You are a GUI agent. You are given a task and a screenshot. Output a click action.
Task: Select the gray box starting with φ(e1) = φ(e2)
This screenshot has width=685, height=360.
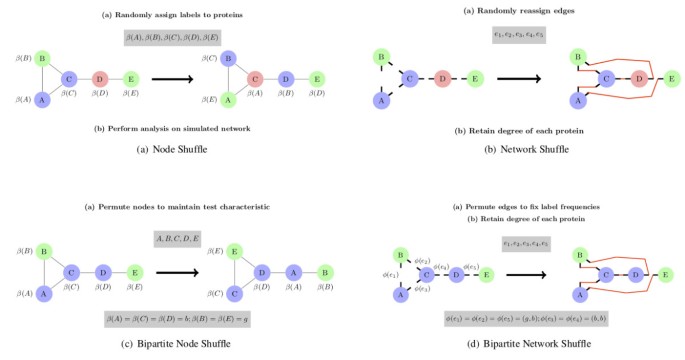[x=514, y=317]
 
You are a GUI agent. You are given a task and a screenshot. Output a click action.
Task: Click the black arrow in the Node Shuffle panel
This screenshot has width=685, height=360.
[x=173, y=77]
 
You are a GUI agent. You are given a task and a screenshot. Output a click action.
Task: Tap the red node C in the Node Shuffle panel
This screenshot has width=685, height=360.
[x=256, y=78]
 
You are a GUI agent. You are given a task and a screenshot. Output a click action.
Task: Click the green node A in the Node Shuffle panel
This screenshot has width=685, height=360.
[x=228, y=99]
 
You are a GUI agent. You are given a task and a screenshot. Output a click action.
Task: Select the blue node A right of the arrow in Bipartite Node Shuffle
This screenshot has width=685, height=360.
[x=295, y=271]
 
